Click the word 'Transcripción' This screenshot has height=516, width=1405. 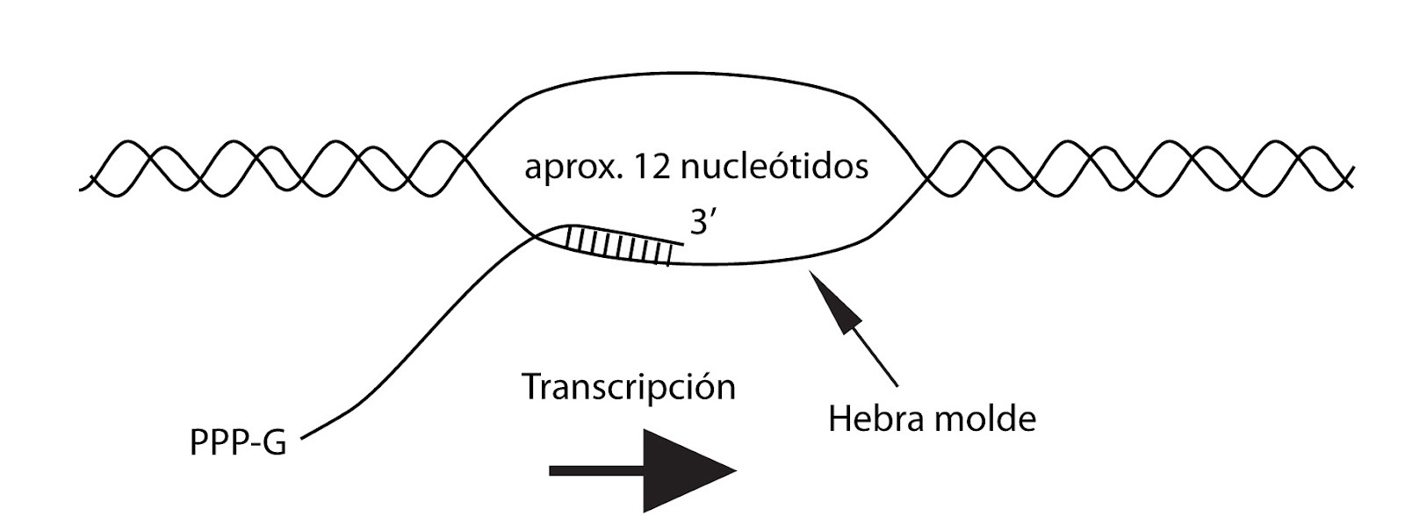pos(629,387)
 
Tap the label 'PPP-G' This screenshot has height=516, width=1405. pos(238,443)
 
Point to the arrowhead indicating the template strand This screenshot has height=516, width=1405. pos(834,303)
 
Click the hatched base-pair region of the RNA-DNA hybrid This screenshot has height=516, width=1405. pos(620,246)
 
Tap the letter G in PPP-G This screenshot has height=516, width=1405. pos(275,443)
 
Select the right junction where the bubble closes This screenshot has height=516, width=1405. pos(924,176)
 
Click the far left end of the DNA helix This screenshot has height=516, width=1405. pos(83,185)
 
